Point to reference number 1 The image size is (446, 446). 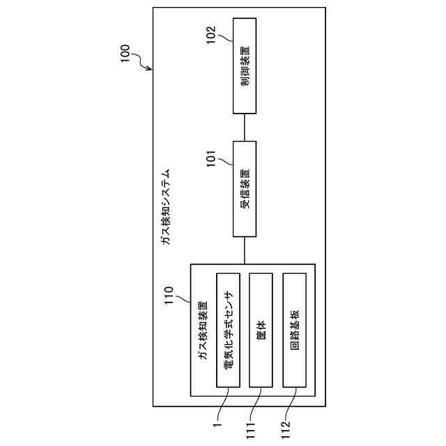[217, 422]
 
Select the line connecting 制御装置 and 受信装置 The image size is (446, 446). [244, 127]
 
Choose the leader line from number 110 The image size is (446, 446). [186, 299]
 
